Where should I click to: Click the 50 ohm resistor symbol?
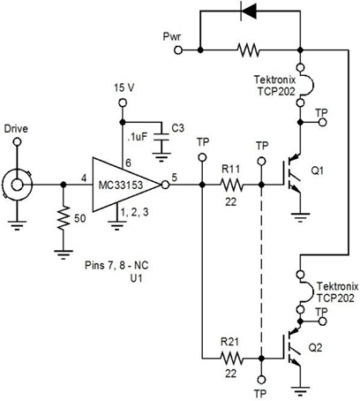63,217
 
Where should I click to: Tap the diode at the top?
251,12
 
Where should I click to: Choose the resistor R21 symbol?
231,359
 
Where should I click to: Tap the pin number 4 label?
83,178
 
